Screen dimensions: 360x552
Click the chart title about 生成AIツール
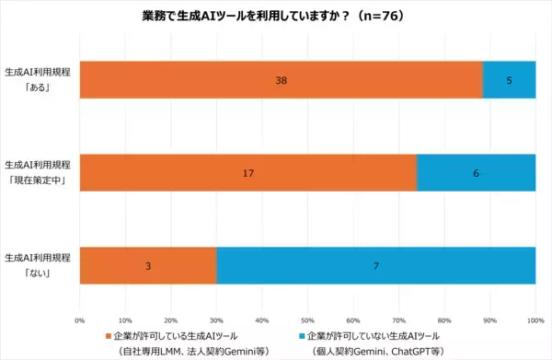(276, 16)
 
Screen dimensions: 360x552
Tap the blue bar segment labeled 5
(509, 80)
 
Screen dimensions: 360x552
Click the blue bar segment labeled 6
(477, 173)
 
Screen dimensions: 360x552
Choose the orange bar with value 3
(147, 265)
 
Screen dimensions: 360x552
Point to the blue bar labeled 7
(376, 265)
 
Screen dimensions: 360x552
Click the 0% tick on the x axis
(80, 320)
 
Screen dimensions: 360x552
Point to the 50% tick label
(308, 320)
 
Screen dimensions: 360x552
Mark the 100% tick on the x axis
(535, 320)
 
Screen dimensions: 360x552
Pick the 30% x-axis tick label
(217, 320)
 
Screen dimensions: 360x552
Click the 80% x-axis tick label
(445, 320)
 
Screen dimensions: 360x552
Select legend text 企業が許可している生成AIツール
(183, 336)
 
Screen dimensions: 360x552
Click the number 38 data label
(282, 80)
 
